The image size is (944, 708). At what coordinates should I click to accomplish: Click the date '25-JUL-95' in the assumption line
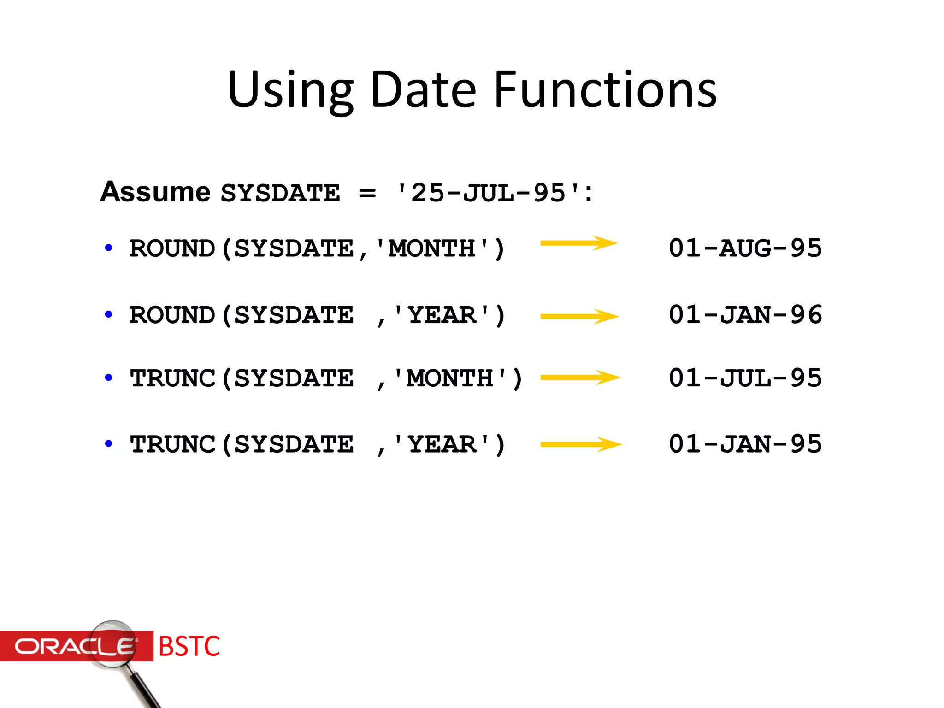click(489, 193)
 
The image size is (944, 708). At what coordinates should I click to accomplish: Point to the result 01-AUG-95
click(745, 248)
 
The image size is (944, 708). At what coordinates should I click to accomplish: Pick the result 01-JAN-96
click(745, 315)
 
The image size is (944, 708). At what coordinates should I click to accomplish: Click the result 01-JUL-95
click(745, 378)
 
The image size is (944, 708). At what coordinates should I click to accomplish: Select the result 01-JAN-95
click(745, 444)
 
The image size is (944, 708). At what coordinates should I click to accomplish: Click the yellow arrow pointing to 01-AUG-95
click(579, 243)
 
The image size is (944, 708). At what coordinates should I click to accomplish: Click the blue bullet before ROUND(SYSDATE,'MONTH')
click(109, 248)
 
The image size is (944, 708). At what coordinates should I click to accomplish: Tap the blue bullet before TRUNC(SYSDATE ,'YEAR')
click(109, 444)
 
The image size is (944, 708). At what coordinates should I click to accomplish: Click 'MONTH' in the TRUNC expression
click(450, 378)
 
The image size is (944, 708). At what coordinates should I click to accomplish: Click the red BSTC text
click(189, 646)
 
